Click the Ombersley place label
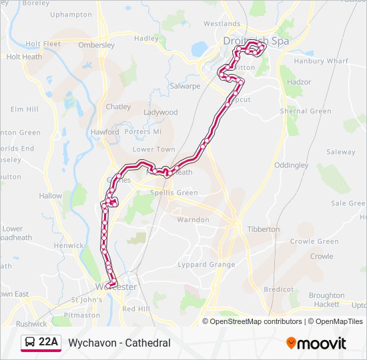pyautogui.click(x=97, y=45)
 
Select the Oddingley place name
pyautogui.click(x=291, y=165)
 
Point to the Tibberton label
pyautogui.click(x=264, y=229)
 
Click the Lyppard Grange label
pyautogui.click(x=206, y=265)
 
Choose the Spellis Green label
pyautogui.click(x=173, y=193)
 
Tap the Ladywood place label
pyautogui.click(x=161, y=113)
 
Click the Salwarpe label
pyautogui.click(x=185, y=86)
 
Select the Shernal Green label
pyautogui.click(x=306, y=111)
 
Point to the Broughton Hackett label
pyautogui.click(x=326, y=299)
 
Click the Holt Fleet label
pyautogui.click(x=43, y=44)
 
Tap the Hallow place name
pyautogui.click(x=51, y=196)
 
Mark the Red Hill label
pyautogui.click(x=136, y=309)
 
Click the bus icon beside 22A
pyautogui.click(x=31, y=343)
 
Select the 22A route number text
pyautogui.click(x=48, y=343)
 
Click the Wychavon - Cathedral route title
pyautogui.click(x=119, y=343)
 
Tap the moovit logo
pyautogui.click(x=316, y=343)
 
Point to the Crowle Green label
pyautogui.click(x=314, y=241)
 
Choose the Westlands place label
pyautogui.click(x=222, y=23)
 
